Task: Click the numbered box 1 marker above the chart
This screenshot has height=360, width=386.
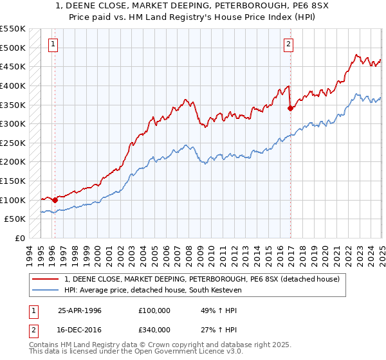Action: pos(52,44)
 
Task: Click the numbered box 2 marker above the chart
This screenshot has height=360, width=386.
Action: pos(288,44)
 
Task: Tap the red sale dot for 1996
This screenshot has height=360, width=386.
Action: pos(55,200)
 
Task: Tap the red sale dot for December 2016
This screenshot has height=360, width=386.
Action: pos(290,108)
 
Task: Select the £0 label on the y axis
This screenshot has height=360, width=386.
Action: pos(21,238)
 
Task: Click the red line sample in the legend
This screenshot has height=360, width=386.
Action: pos(46,279)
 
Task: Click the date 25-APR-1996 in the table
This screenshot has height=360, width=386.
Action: pos(80,310)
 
